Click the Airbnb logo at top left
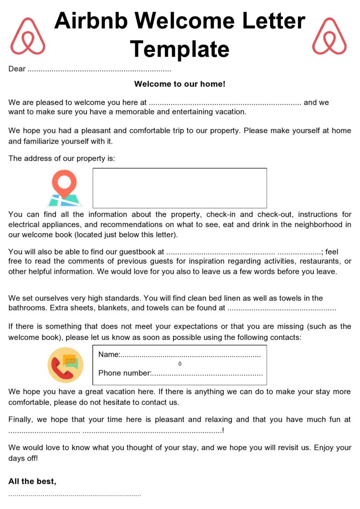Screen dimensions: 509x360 tap(28, 36)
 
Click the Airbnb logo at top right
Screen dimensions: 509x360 tap(329, 36)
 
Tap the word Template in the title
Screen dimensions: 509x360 tap(180, 48)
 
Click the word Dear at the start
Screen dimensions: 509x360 tap(17, 69)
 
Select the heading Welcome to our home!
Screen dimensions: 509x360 tap(180, 84)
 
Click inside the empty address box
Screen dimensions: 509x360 tap(180, 188)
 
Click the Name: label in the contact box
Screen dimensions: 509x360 tap(109, 354)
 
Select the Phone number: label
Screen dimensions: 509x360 tap(124, 373)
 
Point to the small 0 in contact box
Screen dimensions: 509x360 tap(180, 364)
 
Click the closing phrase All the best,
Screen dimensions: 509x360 tap(32, 481)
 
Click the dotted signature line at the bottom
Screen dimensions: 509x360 tap(75, 494)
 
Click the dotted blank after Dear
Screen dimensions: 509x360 tap(99, 70)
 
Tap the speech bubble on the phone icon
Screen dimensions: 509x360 tap(71, 362)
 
